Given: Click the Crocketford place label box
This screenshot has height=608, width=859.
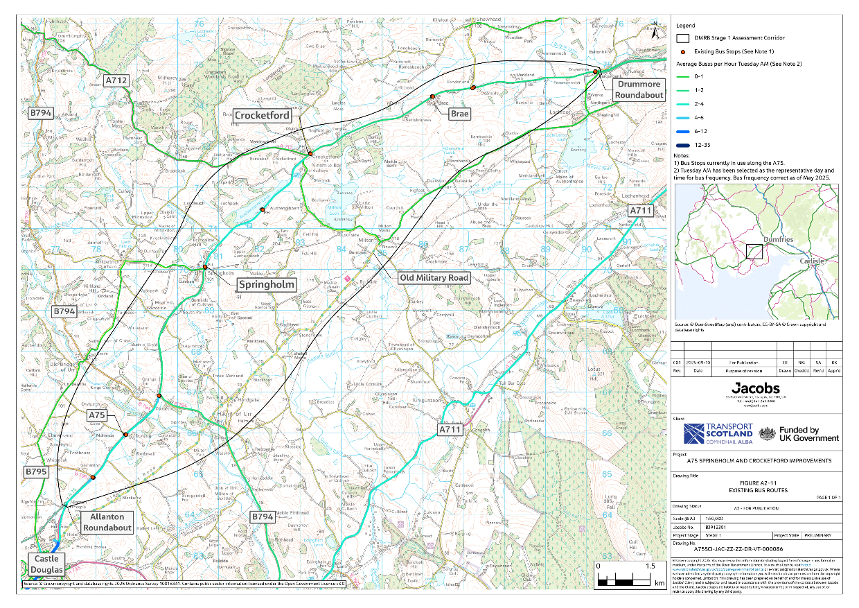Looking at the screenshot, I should [x=262, y=116].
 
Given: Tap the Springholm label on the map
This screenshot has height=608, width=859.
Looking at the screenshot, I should [x=267, y=285].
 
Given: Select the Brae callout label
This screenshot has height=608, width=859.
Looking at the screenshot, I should [x=460, y=113].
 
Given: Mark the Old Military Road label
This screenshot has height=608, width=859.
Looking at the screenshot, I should [x=434, y=277].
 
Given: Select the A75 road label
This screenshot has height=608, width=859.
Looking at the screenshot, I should [x=98, y=415].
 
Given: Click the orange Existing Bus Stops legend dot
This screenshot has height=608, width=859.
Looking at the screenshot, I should [x=682, y=52].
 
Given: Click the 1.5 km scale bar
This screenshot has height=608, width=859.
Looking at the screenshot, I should [x=624, y=576].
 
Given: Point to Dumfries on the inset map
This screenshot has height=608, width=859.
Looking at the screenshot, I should [x=776, y=239].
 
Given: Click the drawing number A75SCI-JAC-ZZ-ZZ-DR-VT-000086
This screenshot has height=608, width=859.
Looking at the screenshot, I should [x=724, y=548].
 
